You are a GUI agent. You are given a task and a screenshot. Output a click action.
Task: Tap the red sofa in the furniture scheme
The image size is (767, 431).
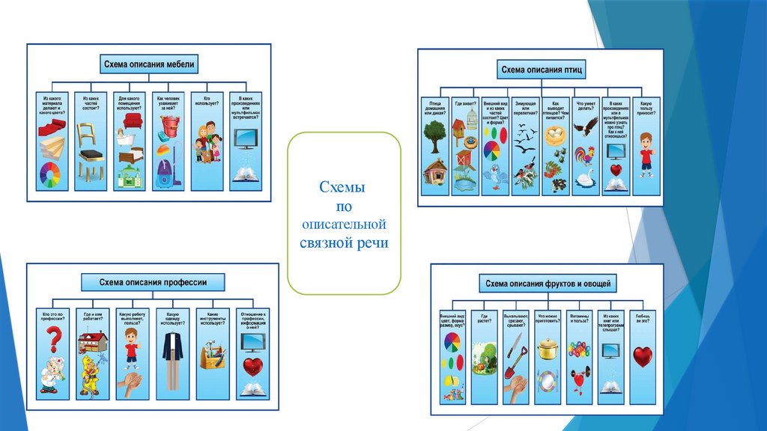[x=133, y=120]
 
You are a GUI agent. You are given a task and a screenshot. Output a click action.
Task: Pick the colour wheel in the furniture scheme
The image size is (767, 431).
[x=51, y=175]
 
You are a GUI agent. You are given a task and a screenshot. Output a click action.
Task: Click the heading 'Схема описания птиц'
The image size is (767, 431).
[x=541, y=70]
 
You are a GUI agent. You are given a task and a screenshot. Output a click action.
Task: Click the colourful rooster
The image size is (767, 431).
[x=584, y=156]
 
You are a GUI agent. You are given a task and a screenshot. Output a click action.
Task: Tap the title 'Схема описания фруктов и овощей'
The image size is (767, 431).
[x=548, y=284]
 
